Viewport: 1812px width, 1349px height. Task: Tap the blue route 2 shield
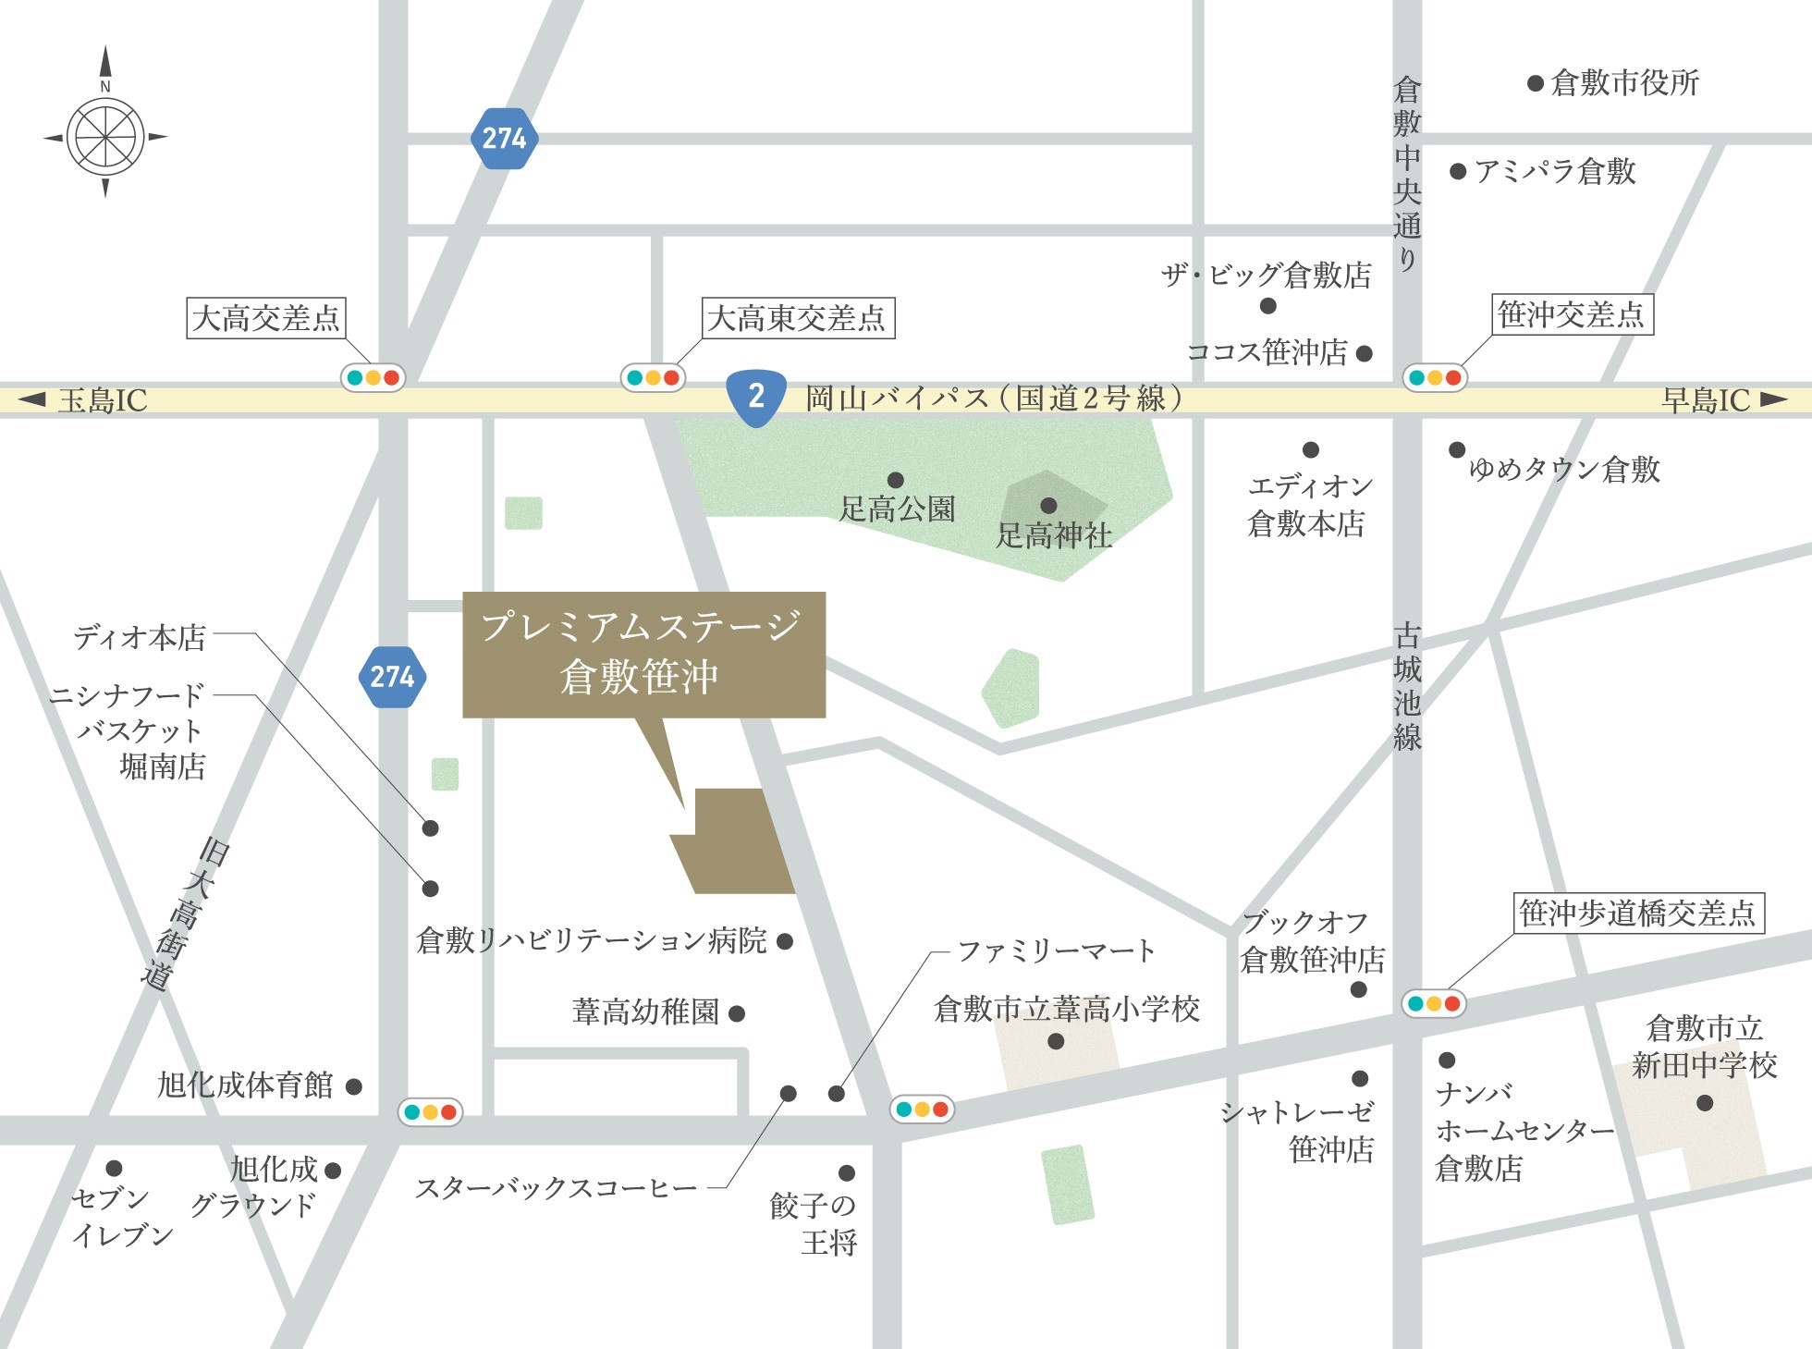756,397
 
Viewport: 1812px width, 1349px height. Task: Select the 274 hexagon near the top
504,139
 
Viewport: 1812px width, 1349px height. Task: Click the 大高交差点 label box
265,318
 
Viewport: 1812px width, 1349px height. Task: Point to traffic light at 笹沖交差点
1435,377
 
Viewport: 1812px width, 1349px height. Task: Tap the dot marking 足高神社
1048,506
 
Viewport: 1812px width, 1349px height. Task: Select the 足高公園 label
897,509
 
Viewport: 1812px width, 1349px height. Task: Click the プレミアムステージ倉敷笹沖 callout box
643,654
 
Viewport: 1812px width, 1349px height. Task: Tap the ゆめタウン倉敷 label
1564,470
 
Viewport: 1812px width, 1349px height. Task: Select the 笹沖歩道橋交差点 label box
1637,914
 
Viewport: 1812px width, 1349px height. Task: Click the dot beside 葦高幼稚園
737,1013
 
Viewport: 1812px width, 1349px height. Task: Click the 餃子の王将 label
814,1223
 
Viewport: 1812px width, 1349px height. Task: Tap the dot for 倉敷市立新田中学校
1705,1102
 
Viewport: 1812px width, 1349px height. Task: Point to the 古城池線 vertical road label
1407,686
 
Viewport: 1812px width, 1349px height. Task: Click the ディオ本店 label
140,637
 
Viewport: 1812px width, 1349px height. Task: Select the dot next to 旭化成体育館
353,1086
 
